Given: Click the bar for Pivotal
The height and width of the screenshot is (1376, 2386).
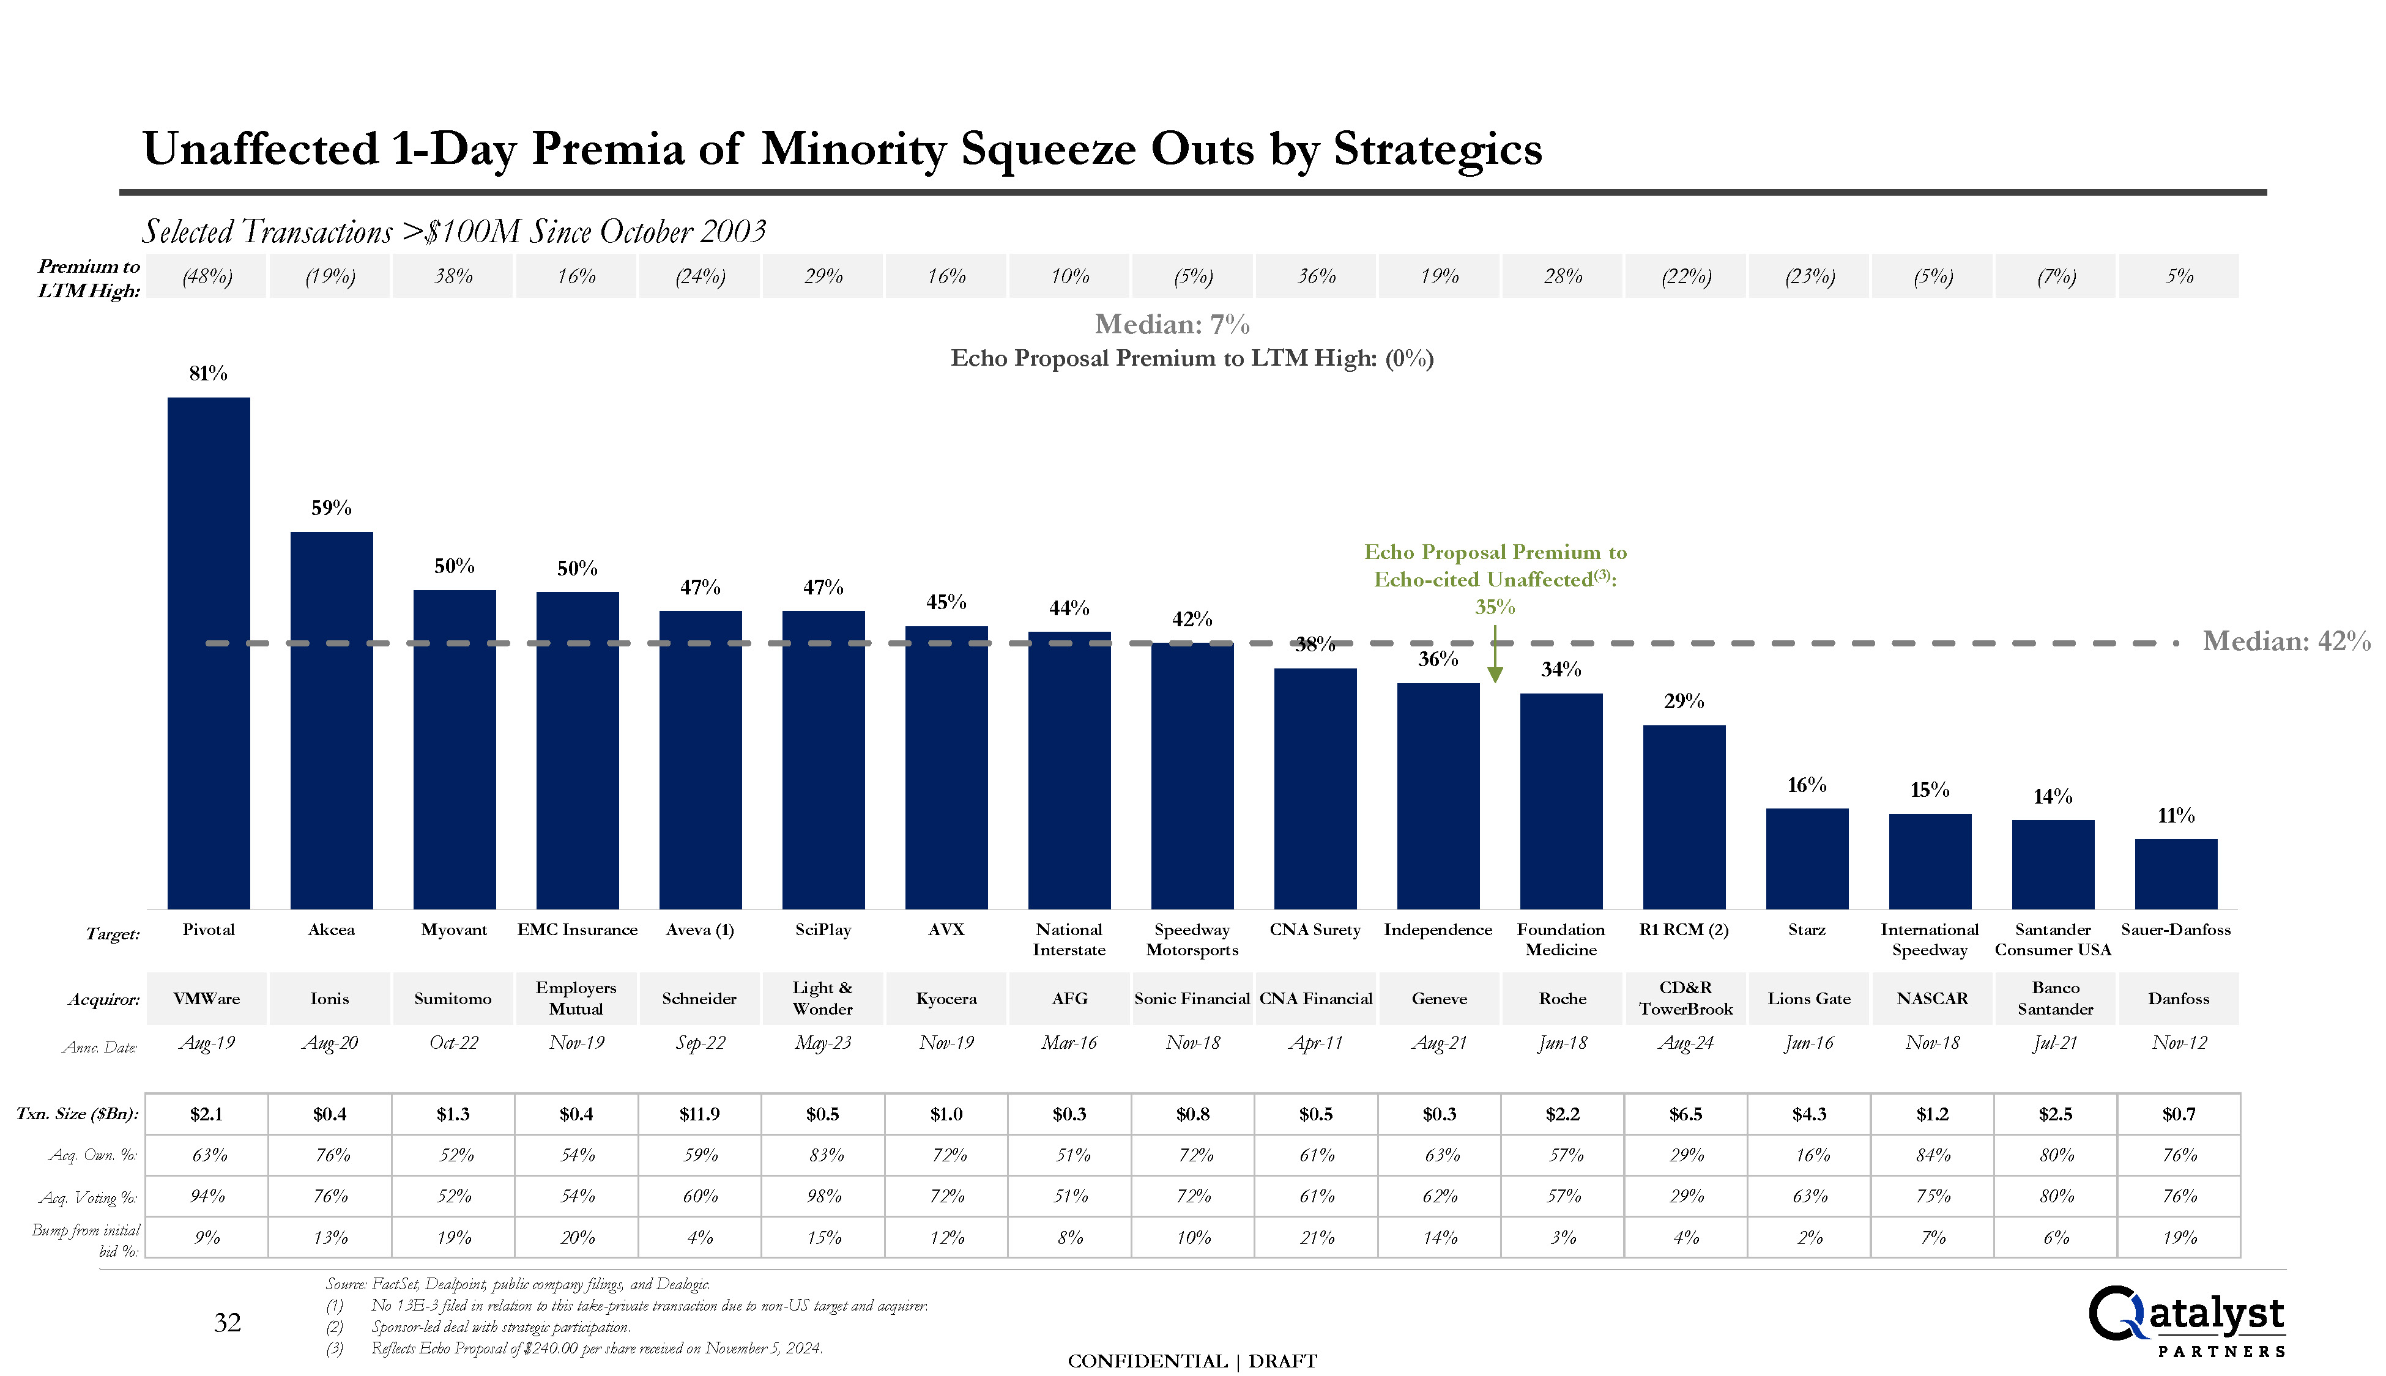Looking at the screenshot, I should [208, 652].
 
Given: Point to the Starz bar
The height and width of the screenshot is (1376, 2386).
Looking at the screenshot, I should [1807, 858].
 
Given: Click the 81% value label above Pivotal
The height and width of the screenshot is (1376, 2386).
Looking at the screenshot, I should [208, 373].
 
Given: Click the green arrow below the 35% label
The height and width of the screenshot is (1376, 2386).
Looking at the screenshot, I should [1495, 662].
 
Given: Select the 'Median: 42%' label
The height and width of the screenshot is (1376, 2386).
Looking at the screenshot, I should [2286, 642].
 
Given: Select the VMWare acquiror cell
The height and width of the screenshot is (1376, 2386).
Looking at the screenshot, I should [207, 999].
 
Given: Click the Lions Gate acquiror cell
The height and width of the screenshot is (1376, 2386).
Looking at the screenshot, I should [1808, 999].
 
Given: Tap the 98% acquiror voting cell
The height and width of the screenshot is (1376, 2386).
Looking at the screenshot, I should [823, 1196].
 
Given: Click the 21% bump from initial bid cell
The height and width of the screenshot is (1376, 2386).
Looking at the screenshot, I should [1316, 1238].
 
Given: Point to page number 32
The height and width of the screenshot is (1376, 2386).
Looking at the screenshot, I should [227, 1323].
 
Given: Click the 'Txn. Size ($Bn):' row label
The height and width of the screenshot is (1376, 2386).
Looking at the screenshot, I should [78, 1114].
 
